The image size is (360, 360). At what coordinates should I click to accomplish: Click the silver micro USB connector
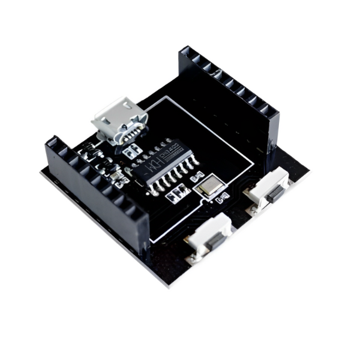tap(119, 120)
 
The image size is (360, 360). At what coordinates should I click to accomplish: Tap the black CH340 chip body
tap(163, 166)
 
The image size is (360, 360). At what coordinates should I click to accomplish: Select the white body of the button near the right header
tap(267, 188)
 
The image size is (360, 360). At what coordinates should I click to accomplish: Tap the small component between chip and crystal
tap(196, 178)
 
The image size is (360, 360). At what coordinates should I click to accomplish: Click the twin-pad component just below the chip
tap(176, 193)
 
